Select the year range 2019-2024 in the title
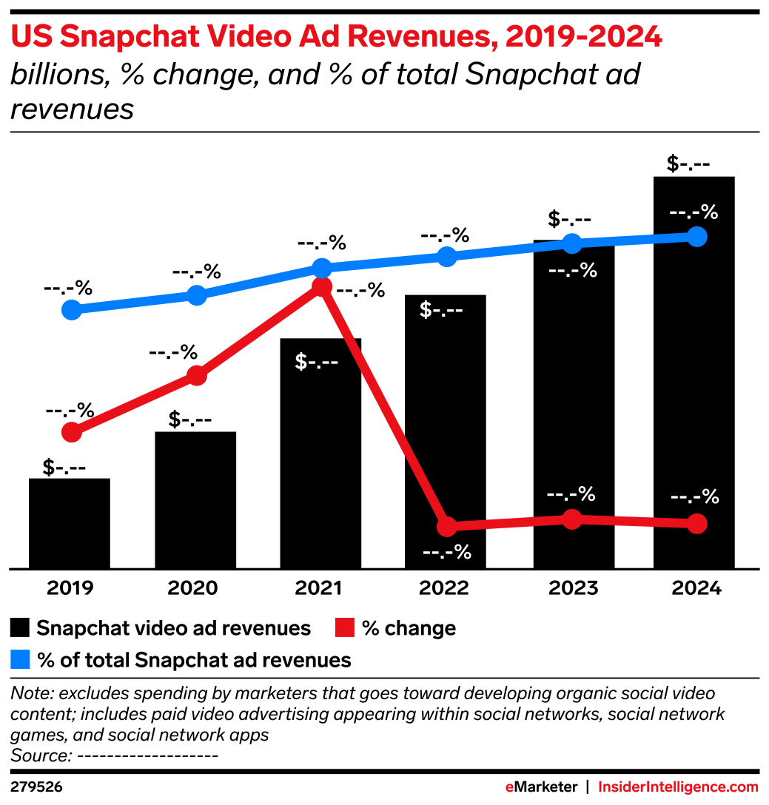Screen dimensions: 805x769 coord(583,37)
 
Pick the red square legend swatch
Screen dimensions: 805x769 coord(344,627)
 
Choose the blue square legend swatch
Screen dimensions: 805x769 coord(20,659)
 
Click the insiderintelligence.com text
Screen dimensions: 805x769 coord(678,787)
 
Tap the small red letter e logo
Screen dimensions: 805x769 coord(509,787)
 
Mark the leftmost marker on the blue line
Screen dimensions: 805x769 coord(71,309)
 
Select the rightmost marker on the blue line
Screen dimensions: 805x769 coord(696,237)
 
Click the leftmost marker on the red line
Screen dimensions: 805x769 coord(71,432)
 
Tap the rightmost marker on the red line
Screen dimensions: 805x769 coord(696,524)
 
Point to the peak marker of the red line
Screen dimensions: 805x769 coord(321,286)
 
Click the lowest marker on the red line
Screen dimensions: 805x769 coord(446,527)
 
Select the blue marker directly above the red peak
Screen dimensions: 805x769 coord(321,267)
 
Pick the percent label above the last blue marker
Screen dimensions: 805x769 coord(694,212)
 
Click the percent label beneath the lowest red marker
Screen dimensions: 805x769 coord(446,552)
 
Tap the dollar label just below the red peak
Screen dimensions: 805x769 coord(317,363)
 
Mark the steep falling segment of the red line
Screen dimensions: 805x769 coord(383,406)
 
